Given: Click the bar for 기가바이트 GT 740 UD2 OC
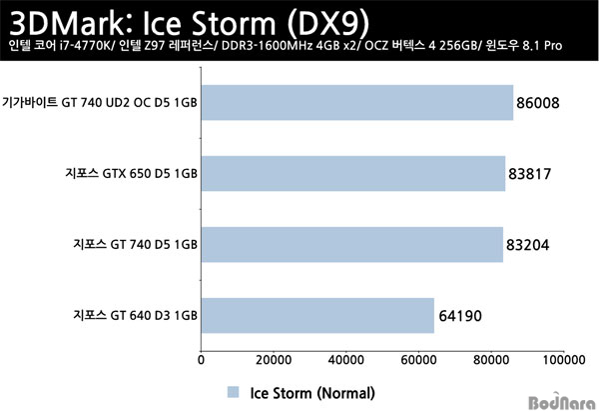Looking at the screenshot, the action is tap(357, 103).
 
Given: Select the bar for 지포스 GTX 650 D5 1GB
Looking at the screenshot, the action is tap(353, 173).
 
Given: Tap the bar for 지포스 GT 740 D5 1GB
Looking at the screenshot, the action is tap(352, 245).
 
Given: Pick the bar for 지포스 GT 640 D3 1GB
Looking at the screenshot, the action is tap(317, 315).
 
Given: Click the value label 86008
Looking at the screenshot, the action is tap(538, 103).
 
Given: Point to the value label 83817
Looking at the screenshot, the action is tap(530, 174).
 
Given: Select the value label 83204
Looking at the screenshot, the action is tap(527, 245).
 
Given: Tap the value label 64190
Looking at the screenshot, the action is tap(460, 316).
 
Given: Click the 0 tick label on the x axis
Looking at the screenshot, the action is tap(201, 360).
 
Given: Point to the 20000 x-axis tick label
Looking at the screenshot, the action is tap(274, 360).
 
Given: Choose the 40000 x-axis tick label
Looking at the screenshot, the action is tap(346, 360).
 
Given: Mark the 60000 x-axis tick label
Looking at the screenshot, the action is tap(418, 360).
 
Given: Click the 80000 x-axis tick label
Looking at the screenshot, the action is tap(491, 360).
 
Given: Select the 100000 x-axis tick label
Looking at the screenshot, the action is tap(564, 360).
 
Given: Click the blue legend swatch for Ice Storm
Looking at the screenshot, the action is tap(233, 392).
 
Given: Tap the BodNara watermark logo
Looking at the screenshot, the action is tap(562, 402).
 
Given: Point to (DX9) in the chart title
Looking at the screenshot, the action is tap(327, 24).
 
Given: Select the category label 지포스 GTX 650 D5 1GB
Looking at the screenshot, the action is tap(131, 173).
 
